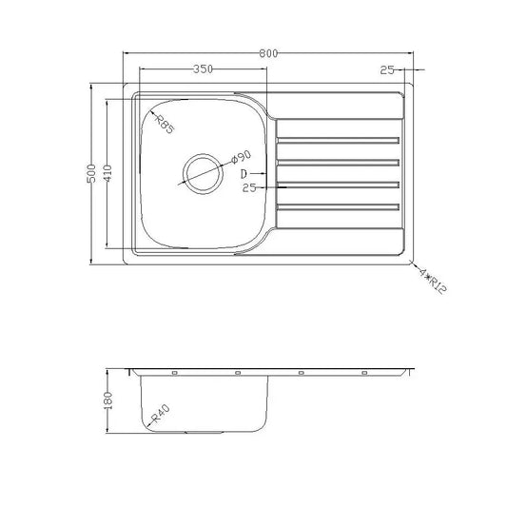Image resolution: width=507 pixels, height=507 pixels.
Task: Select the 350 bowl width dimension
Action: [201, 69]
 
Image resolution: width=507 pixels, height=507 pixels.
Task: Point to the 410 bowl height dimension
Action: [109, 174]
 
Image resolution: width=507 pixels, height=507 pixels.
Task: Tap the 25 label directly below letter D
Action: [249, 188]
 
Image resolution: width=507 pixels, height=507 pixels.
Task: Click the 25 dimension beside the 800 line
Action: [385, 69]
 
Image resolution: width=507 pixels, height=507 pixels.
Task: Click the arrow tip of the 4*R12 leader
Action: [412, 263]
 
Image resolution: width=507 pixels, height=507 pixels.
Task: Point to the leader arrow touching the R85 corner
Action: [149, 113]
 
